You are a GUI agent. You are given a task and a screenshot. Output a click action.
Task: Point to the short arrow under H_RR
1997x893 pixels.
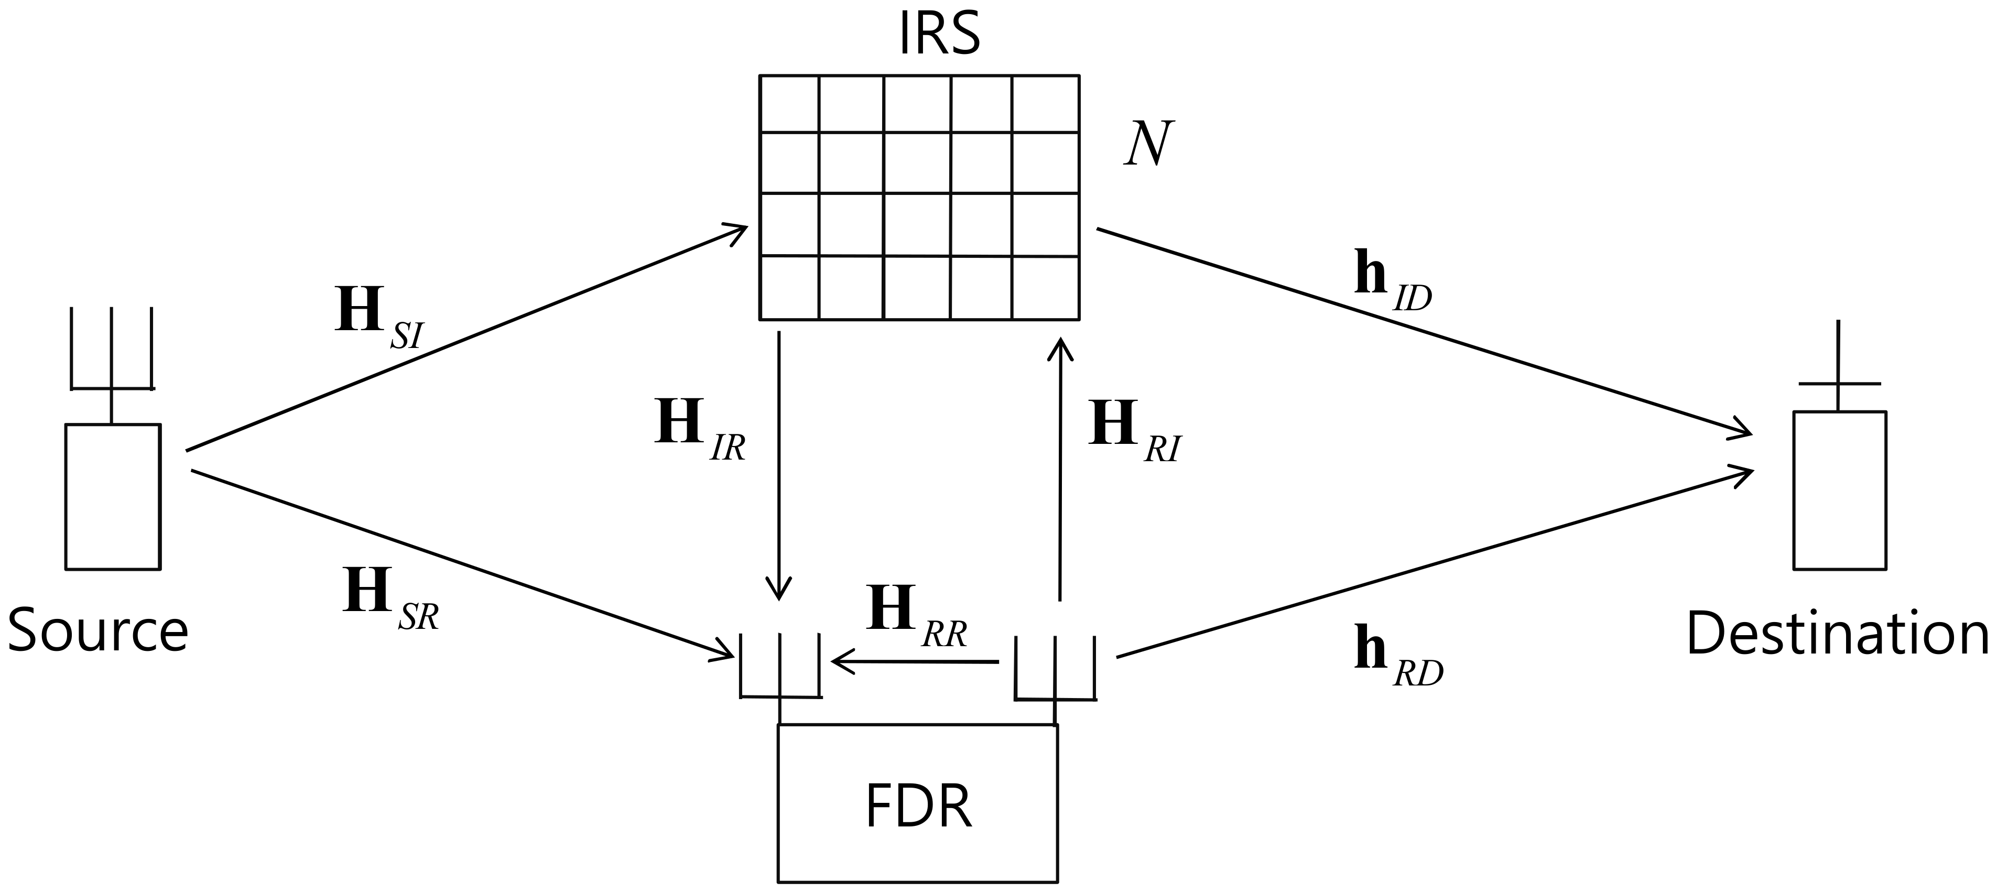[x=915, y=662]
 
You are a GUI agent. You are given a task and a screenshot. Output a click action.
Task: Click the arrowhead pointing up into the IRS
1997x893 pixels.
[x=1060, y=349]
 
